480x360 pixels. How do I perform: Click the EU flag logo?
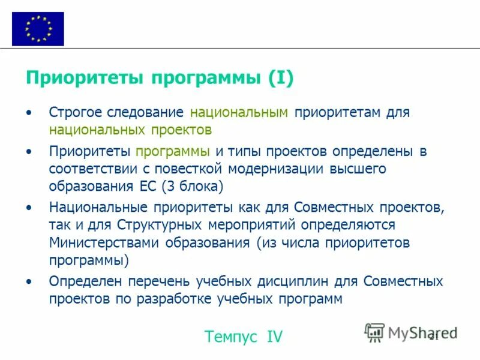pos(37,28)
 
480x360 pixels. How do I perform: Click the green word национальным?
pos(239,112)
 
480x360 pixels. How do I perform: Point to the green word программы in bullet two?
pos(172,151)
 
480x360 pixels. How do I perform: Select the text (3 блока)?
pos(192,185)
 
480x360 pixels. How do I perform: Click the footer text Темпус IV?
pos(243,337)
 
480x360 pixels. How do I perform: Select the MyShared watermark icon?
pos(375,332)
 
